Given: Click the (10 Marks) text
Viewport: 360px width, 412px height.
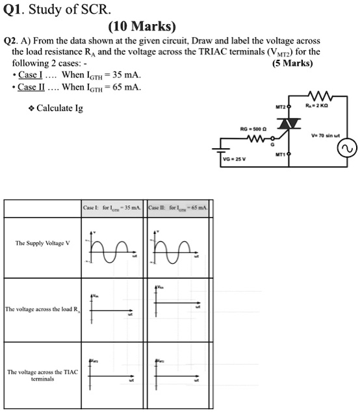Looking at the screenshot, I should pos(143,27).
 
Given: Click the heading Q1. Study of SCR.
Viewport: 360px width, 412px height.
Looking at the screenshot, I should pos(52,10).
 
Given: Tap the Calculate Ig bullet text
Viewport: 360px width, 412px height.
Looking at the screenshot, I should pos(59,108).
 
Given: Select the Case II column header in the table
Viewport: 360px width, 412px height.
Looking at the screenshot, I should pos(177,207).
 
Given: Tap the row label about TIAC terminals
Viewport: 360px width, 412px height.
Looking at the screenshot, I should pos(43,375).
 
